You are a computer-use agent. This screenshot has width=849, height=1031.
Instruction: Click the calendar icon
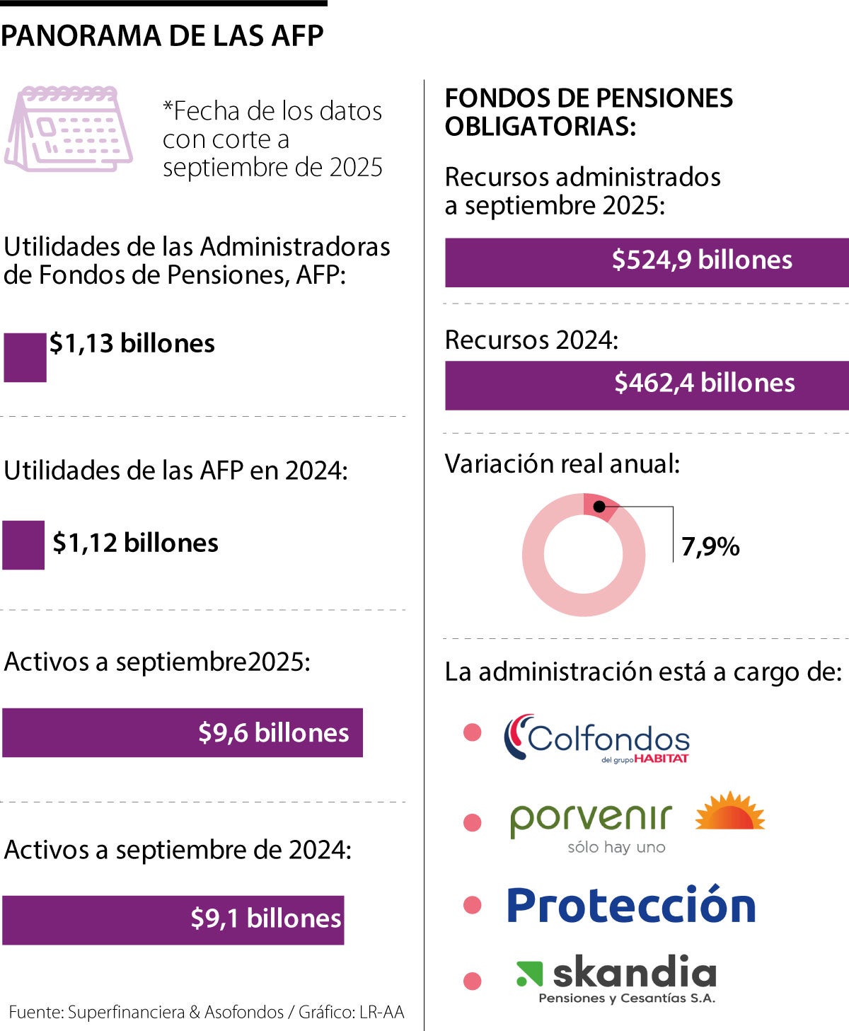pyautogui.click(x=69, y=129)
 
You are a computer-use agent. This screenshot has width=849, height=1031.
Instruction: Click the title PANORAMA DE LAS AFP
pyautogui.click(x=162, y=36)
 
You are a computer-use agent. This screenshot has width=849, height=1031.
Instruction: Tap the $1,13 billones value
pyautogui.click(x=132, y=343)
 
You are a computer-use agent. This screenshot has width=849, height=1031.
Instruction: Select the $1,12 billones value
pyautogui.click(x=135, y=543)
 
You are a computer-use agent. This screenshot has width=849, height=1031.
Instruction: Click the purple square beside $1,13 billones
pyautogui.click(x=25, y=357)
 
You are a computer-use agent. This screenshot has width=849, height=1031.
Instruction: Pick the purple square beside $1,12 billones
pyautogui.click(x=23, y=545)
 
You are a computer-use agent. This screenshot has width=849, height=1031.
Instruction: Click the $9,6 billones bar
pyautogui.click(x=183, y=732)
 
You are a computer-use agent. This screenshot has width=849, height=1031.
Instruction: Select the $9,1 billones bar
pyautogui.click(x=173, y=919)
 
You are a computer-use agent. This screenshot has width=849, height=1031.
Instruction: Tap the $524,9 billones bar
pyautogui.click(x=647, y=263)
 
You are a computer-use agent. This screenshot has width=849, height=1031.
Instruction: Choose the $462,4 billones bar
pyautogui.click(x=647, y=386)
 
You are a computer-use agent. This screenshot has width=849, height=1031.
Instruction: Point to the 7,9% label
pyautogui.click(x=710, y=547)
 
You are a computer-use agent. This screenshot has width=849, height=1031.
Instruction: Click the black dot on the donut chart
pyautogui.click(x=599, y=507)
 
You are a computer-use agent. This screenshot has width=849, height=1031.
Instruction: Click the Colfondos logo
pyautogui.click(x=596, y=738)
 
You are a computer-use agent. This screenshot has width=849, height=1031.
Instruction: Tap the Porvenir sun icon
pyautogui.click(x=730, y=811)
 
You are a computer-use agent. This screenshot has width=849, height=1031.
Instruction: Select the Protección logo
pyautogui.click(x=631, y=905)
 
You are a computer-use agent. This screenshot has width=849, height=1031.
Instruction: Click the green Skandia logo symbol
pyautogui.click(x=529, y=973)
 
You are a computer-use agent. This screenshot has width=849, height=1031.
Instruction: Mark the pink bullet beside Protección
pyautogui.click(x=472, y=904)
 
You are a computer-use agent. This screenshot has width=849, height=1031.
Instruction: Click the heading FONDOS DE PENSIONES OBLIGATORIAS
pyautogui.click(x=589, y=112)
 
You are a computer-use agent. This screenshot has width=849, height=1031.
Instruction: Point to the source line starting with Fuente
pyautogui.click(x=207, y=1012)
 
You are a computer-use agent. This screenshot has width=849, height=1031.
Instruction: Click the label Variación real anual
pyautogui.click(x=562, y=464)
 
